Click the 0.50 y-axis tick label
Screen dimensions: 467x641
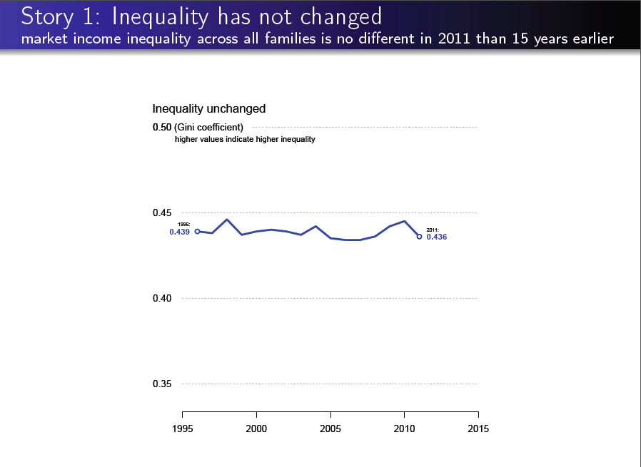(x=161, y=128)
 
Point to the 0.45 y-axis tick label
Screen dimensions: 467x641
(x=161, y=212)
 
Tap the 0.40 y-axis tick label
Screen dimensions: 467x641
(x=161, y=298)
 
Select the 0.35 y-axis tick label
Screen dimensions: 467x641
(x=161, y=384)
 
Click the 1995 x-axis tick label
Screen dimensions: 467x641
(x=183, y=428)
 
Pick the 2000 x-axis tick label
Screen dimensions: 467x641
(x=256, y=428)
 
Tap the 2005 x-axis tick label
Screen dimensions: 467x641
(x=330, y=428)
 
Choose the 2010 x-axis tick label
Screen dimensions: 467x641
(x=405, y=428)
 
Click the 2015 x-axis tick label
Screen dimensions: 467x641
(x=478, y=428)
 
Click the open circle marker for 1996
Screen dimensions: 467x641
(x=198, y=232)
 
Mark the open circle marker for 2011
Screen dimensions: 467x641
(x=419, y=237)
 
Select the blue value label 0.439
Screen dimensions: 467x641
(x=179, y=232)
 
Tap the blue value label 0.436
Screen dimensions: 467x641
(x=437, y=237)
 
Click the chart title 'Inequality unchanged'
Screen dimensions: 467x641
(x=209, y=109)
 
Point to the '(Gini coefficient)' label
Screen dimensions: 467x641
(x=203, y=128)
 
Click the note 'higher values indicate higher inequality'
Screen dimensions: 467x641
(x=245, y=140)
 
